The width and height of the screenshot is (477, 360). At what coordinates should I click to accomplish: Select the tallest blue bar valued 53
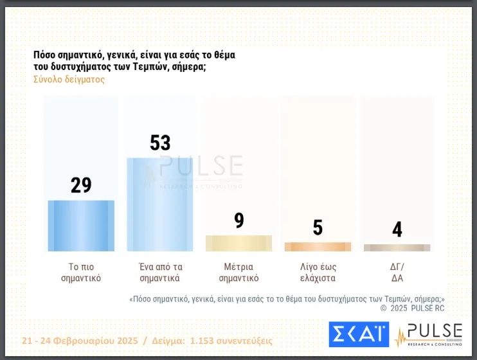[x=160, y=204]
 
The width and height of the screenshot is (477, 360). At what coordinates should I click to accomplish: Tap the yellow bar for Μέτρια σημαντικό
[x=239, y=243]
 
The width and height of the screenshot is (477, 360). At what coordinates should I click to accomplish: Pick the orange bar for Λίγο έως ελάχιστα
[x=318, y=246]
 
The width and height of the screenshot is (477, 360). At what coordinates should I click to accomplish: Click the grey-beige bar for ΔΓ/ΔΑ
[x=397, y=248]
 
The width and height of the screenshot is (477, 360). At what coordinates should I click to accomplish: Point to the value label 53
[x=160, y=143]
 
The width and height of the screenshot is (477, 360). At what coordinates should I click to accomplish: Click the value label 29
[x=81, y=185]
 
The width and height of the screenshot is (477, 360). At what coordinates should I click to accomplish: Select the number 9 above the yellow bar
[x=239, y=221]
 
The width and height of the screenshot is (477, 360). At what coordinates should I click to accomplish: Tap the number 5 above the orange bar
[x=318, y=228]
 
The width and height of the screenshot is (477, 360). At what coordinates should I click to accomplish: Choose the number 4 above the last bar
[x=397, y=230]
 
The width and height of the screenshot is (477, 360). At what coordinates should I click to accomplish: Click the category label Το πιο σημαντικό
[x=81, y=273]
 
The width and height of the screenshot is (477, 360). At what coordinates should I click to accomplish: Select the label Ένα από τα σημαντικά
[x=160, y=273]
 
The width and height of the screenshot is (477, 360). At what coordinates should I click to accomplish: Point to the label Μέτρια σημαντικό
[x=239, y=273]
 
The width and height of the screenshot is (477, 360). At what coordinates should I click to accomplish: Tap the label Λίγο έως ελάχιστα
[x=318, y=273]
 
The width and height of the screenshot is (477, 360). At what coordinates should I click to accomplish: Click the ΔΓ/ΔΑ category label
[x=397, y=273]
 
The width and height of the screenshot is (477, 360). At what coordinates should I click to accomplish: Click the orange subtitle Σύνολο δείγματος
[x=69, y=80]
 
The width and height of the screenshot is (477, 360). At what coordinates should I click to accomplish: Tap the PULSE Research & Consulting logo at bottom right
[x=428, y=334]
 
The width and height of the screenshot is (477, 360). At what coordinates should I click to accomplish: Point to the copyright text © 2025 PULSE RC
[x=411, y=308]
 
